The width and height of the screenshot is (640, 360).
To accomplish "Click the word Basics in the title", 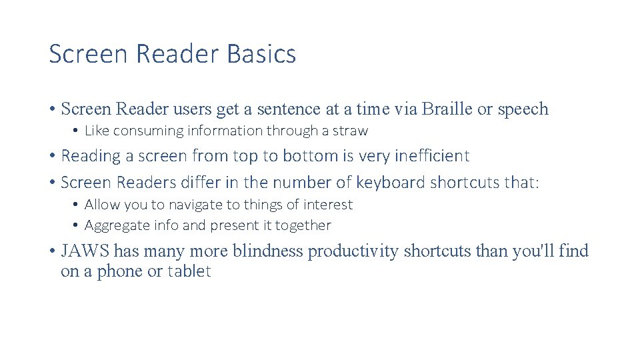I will (262, 54).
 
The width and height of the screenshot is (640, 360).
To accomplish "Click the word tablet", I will (189, 272).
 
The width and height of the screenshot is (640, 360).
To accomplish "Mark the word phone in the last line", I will (120, 272).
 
